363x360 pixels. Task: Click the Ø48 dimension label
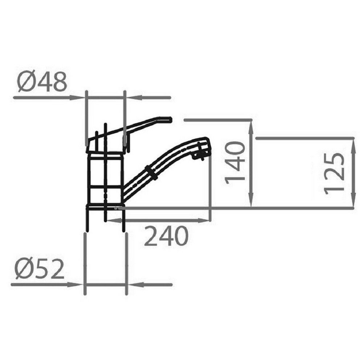[42, 81]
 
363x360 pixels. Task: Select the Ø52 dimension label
[39, 269]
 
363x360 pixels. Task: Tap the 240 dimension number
[166, 236]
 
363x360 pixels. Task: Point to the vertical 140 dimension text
[235, 163]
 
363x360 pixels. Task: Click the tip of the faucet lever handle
[171, 119]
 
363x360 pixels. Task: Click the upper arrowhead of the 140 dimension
[251, 127]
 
